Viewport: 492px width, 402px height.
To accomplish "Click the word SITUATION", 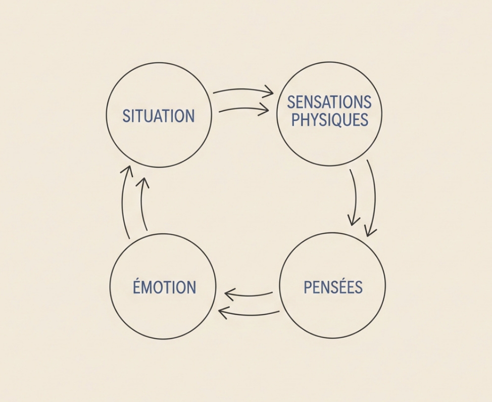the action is [159, 116].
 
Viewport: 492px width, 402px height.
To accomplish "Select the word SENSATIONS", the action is [329, 102].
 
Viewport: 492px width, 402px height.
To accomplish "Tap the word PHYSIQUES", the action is [330, 120].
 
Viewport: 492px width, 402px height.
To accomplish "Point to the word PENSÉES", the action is [333, 287].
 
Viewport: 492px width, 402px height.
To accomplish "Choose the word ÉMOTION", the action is [164, 286].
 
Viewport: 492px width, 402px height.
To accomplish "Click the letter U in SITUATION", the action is [150, 116].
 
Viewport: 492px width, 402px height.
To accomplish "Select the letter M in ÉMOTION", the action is [149, 287].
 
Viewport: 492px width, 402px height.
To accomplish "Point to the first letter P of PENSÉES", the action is [308, 287].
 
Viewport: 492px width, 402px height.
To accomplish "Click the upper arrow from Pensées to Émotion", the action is [249, 295].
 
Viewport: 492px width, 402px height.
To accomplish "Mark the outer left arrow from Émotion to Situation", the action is [122, 201].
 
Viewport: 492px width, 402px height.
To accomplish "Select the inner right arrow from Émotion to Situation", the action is [141, 204].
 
